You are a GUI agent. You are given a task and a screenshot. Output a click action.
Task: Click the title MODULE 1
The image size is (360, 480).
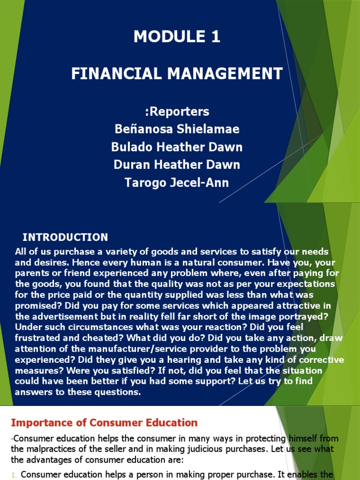pyautogui.click(x=177, y=37)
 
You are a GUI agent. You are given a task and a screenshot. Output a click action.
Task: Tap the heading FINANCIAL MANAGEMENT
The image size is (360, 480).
pyautogui.click(x=177, y=74)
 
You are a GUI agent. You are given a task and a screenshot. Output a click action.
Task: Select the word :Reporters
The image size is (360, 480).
pyautogui.click(x=177, y=112)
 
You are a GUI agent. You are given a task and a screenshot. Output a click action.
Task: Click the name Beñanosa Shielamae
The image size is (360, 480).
pyautogui.click(x=177, y=129)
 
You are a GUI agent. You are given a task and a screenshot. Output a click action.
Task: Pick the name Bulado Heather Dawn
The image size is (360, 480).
pyautogui.click(x=177, y=147)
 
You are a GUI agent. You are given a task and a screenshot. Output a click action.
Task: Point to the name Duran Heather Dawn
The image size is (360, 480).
pyautogui.click(x=177, y=165)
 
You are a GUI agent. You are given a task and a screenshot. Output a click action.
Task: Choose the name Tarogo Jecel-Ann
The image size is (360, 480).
pyautogui.click(x=177, y=182)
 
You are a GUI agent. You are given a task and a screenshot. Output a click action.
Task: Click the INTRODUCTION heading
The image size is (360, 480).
pyautogui.click(x=65, y=237)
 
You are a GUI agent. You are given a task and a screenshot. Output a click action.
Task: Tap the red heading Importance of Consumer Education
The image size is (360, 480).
pyautogui.click(x=104, y=423)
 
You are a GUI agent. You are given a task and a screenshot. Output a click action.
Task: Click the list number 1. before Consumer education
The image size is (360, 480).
pyautogui.click(x=15, y=474)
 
